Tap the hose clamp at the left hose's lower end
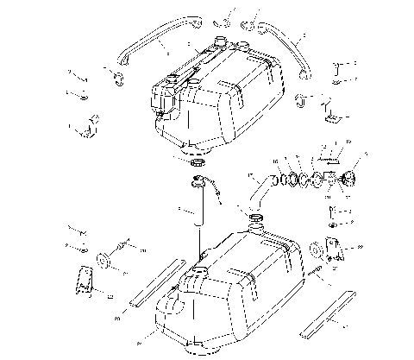click(115, 83)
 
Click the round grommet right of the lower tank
click(316, 252)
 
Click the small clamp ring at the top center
click(223, 16)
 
